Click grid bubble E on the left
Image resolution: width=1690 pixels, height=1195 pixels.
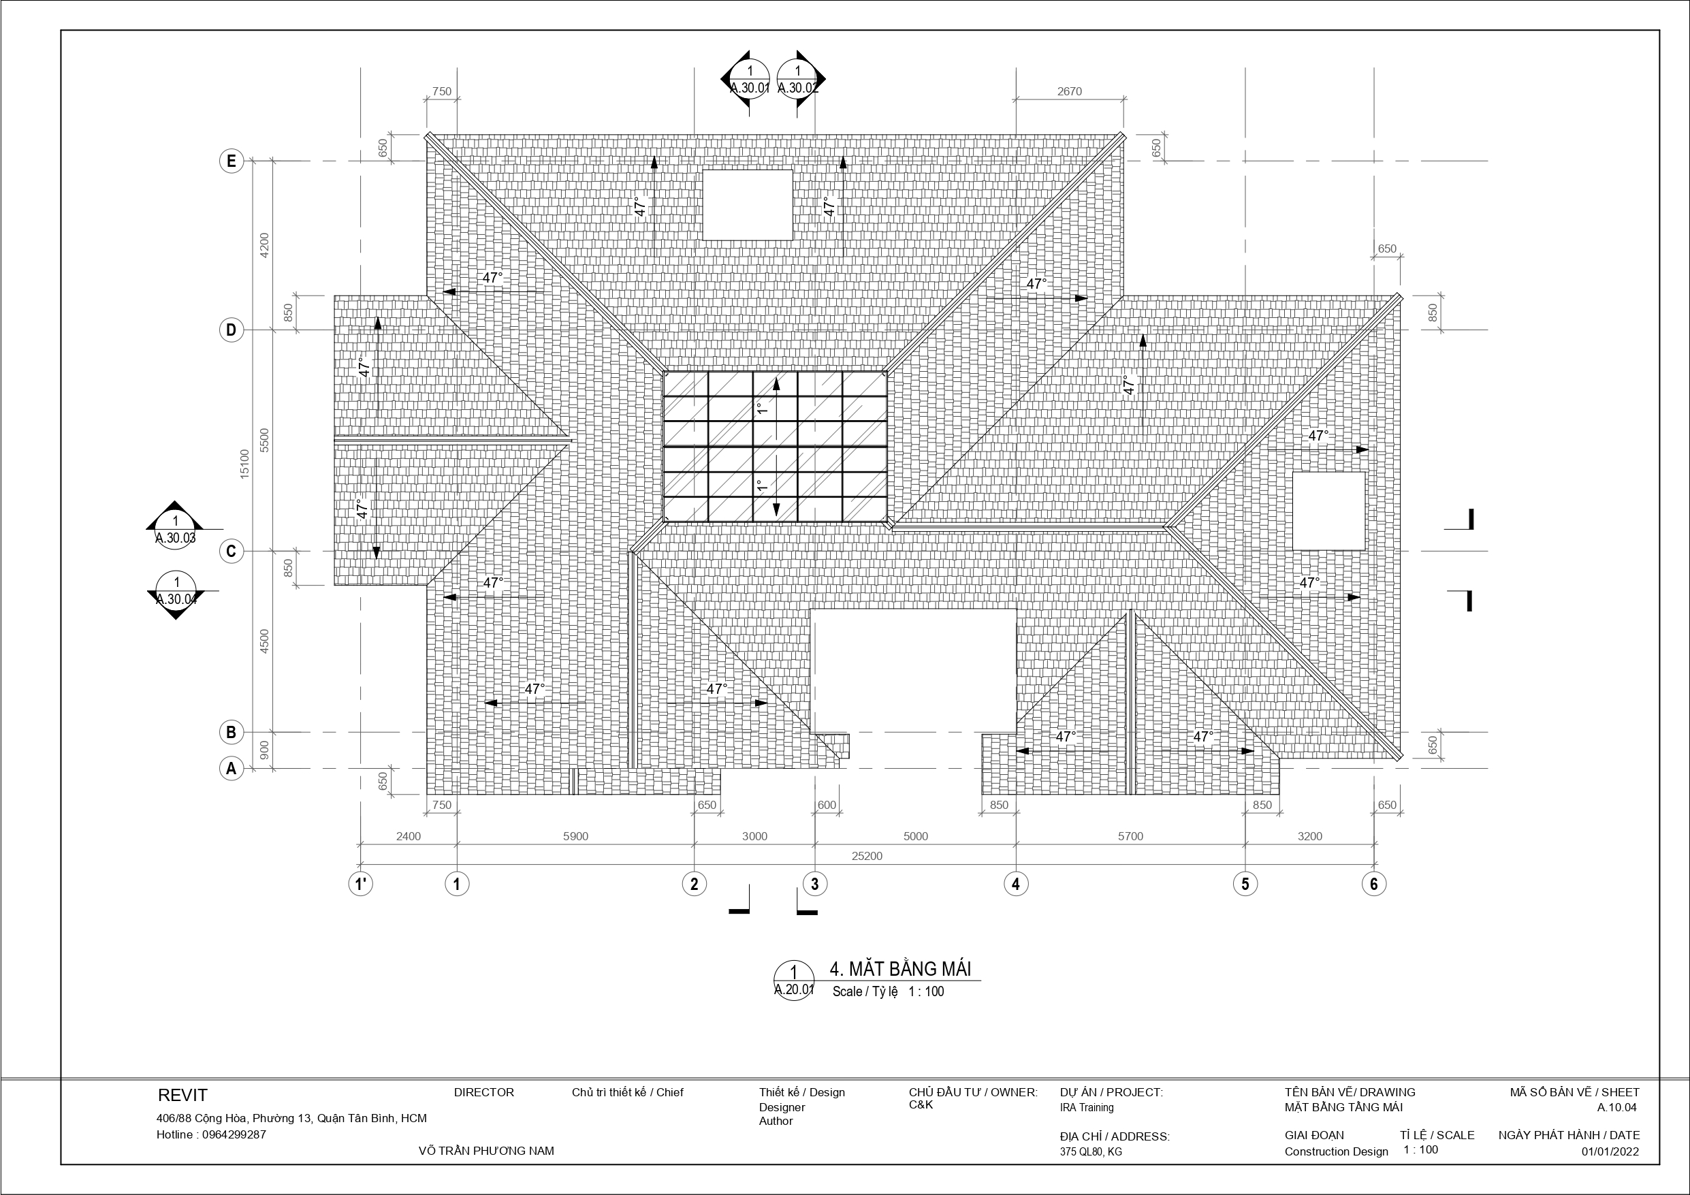[231, 161]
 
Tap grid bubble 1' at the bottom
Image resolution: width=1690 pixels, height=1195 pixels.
[361, 884]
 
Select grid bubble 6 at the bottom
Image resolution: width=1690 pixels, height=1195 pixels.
[1373, 884]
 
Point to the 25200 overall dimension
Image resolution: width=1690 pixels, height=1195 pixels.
[867, 857]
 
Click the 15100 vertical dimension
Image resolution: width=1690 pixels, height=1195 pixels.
[245, 464]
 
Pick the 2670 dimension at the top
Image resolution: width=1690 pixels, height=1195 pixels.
[1070, 91]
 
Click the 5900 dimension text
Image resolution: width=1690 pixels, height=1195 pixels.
[575, 836]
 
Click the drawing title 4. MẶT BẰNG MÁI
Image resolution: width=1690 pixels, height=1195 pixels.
[900, 968]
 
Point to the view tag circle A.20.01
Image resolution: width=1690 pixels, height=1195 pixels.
[794, 981]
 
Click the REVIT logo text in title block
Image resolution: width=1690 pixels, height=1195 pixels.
[182, 1095]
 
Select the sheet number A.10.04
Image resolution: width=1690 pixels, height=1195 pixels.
[1617, 1107]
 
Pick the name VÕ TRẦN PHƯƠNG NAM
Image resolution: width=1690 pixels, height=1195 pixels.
[485, 1151]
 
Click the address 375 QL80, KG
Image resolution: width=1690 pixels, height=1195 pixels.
[1091, 1151]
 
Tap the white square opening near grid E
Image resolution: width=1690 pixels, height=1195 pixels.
[747, 205]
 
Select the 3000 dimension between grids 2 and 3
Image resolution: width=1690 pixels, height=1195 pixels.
[754, 836]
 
